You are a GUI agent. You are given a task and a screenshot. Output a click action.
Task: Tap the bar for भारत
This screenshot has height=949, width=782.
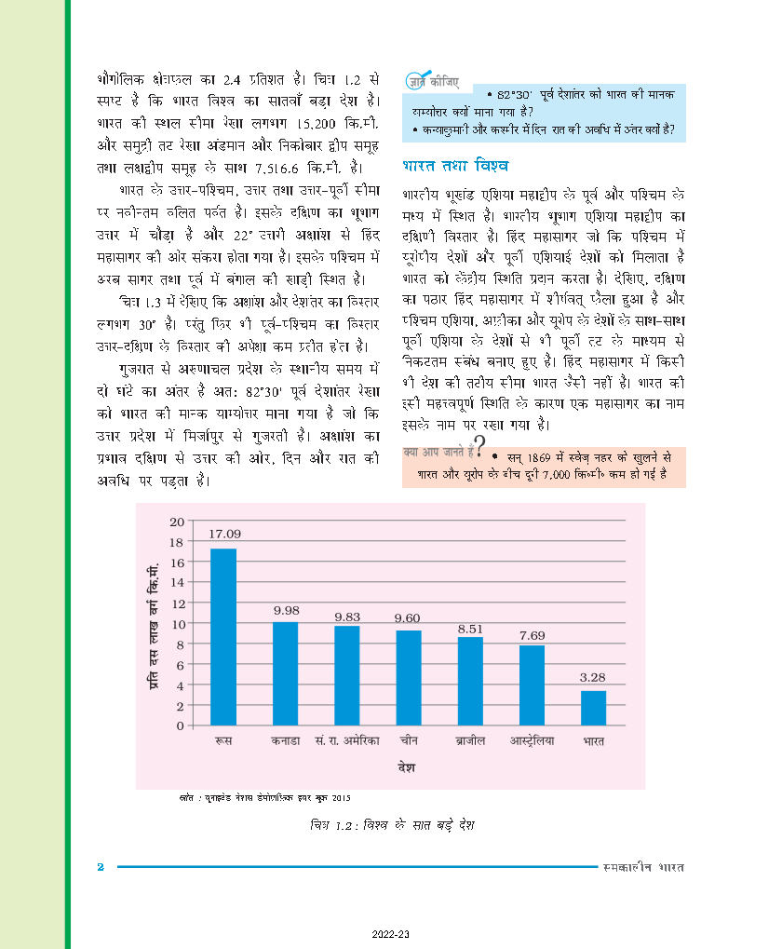593,707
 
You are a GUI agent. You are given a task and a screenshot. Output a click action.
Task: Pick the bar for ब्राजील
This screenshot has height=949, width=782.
470,680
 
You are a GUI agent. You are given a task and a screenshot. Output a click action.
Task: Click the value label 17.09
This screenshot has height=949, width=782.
223,534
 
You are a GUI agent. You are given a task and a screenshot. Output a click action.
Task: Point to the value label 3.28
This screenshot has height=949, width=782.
593,677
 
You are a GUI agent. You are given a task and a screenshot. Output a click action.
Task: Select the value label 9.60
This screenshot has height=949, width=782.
409,617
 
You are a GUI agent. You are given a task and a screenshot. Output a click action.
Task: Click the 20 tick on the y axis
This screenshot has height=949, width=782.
177,522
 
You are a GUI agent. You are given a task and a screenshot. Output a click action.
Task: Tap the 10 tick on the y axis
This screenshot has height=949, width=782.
177,623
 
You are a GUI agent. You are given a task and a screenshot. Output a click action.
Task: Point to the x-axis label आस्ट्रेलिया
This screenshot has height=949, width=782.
532,742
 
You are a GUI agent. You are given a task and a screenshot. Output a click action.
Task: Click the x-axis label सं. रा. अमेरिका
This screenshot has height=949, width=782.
346,742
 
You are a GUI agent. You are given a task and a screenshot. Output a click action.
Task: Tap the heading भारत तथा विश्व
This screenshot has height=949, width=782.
456,167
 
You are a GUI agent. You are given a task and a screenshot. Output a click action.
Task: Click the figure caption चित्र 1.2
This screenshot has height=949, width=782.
391,827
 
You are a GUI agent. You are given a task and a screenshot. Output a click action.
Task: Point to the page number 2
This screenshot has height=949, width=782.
101,868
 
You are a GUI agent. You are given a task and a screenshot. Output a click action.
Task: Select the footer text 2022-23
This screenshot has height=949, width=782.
390,934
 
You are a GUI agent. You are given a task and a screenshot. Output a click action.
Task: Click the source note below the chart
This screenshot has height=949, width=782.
265,798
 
